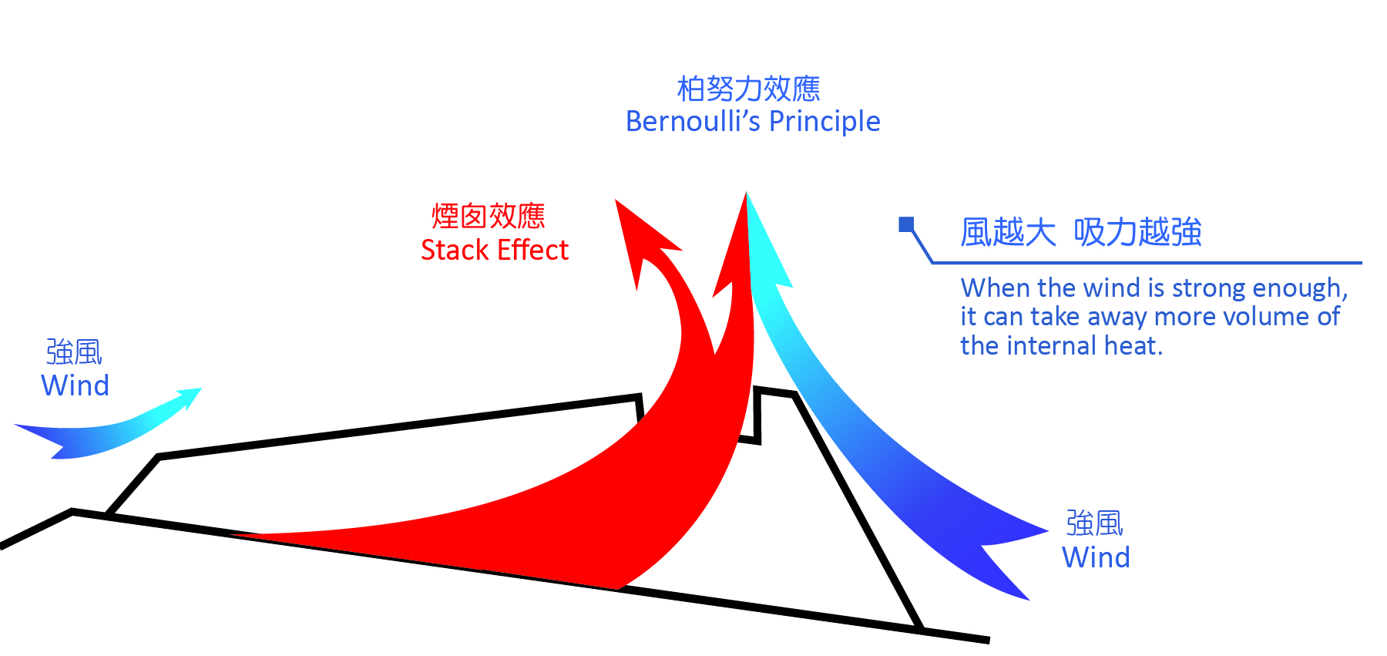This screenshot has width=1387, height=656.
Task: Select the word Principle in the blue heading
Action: coord(824,122)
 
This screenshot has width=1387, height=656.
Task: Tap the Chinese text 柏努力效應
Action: coord(748,89)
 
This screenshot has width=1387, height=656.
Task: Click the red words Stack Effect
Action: coord(494,250)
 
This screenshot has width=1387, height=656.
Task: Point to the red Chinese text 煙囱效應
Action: coord(489,216)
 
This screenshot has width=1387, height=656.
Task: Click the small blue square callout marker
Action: coord(906,224)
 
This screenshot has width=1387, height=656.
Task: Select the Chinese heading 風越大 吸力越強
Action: coord(1081,232)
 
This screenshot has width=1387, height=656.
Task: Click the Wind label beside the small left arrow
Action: coord(75,385)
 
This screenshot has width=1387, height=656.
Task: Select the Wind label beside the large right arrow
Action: coord(1096,557)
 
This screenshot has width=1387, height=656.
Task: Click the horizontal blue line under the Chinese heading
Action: coord(1147,263)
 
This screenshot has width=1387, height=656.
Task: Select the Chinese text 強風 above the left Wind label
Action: coord(74,352)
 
